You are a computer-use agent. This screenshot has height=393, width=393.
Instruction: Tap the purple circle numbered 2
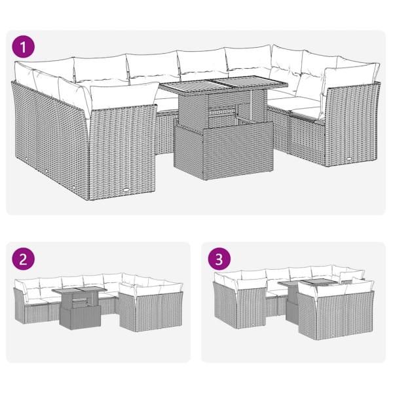25,258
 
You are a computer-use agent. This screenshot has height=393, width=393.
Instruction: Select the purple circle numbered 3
217,258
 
